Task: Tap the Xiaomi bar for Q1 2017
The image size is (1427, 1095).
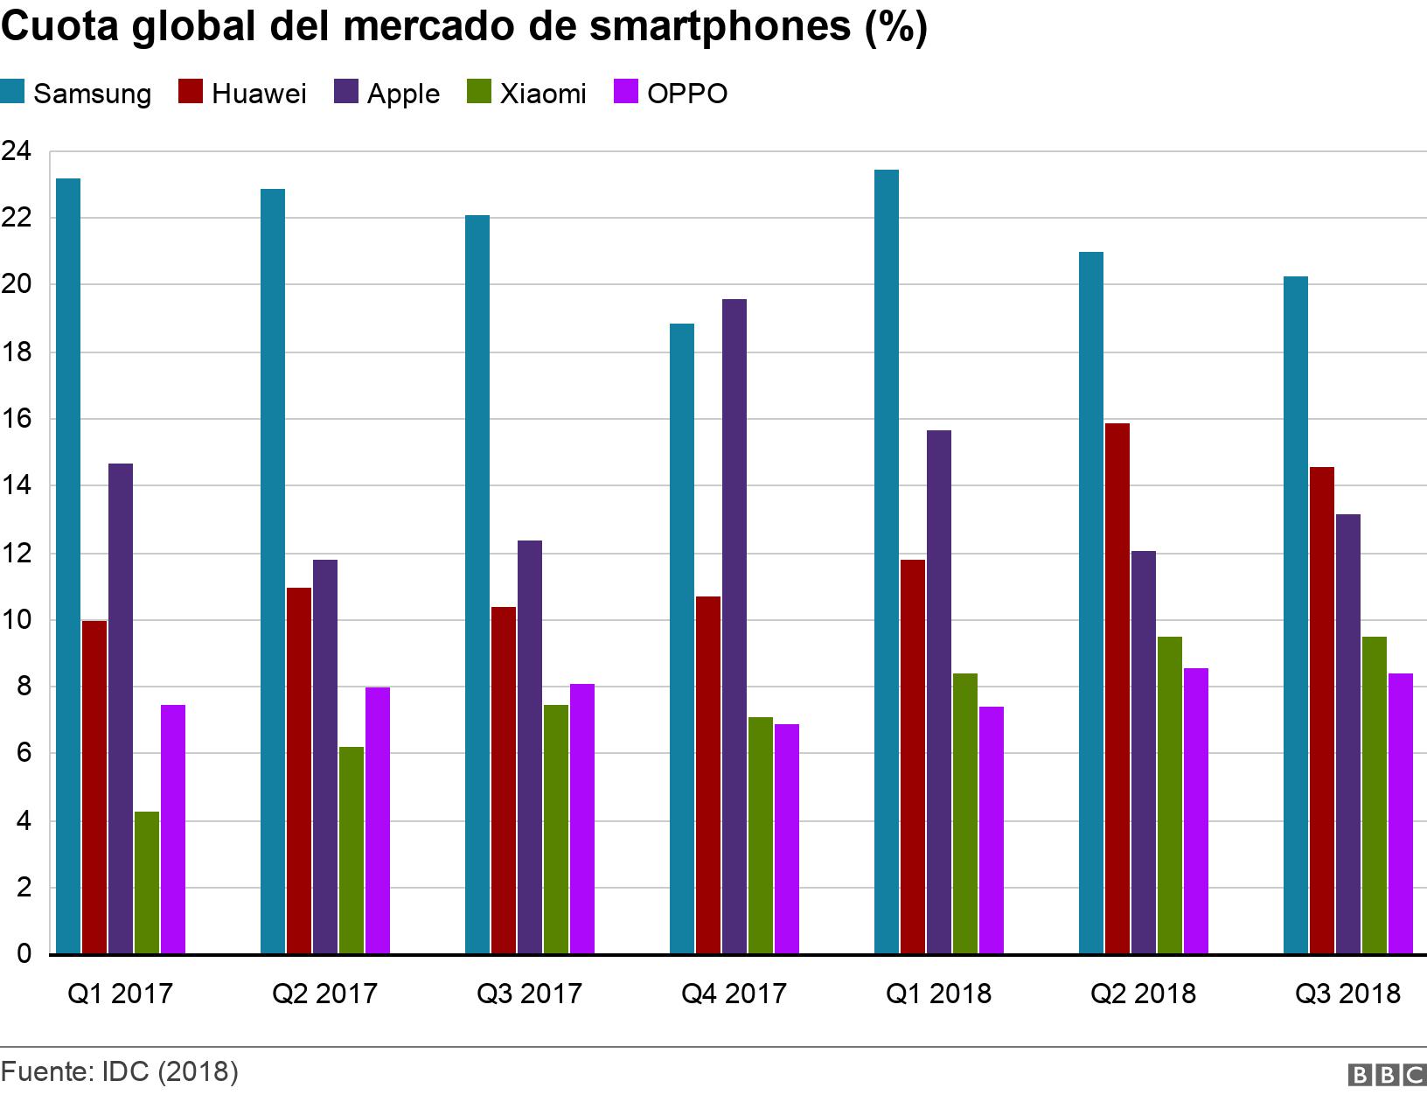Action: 147,882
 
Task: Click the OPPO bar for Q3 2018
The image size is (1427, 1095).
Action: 1401,813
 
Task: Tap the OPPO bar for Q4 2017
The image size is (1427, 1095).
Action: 787,839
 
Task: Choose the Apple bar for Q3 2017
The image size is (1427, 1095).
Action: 530,747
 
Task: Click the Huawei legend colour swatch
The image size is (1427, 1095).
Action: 191,92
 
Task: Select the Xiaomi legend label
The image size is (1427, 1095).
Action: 543,94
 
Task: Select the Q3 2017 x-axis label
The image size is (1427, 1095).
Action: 529,994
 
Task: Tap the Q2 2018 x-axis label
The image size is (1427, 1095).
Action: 1143,994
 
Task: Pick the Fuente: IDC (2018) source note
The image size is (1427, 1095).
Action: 120,1071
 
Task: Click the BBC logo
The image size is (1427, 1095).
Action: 1388,1075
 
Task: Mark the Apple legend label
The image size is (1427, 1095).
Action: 403,94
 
